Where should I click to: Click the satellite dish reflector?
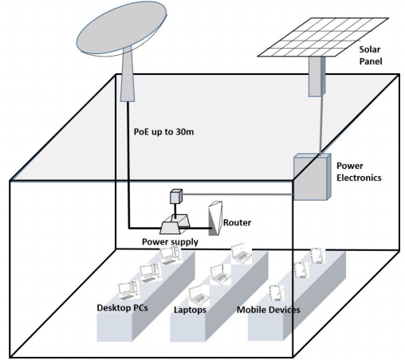click(x=122, y=28)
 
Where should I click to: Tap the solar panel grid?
click(x=323, y=37)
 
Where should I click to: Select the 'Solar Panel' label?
click(x=371, y=55)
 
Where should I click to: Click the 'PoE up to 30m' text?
click(x=163, y=131)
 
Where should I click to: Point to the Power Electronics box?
click(x=312, y=177)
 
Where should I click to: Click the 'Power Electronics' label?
click(x=359, y=171)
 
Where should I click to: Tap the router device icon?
click(x=215, y=218)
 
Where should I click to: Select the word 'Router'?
click(x=237, y=222)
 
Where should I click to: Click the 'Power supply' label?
click(x=170, y=242)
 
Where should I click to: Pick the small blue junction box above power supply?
click(x=176, y=196)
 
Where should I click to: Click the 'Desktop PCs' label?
click(x=122, y=307)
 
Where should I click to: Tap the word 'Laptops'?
click(x=190, y=310)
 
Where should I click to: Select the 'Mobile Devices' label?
click(x=269, y=310)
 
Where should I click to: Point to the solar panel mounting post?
click(x=317, y=76)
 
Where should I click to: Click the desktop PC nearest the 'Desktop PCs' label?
click(x=128, y=289)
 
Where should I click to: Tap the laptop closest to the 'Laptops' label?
click(x=199, y=295)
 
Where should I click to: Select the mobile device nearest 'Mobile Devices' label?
click(x=276, y=293)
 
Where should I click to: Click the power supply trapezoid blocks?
click(x=175, y=224)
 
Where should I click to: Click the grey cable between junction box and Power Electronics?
click(x=238, y=194)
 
